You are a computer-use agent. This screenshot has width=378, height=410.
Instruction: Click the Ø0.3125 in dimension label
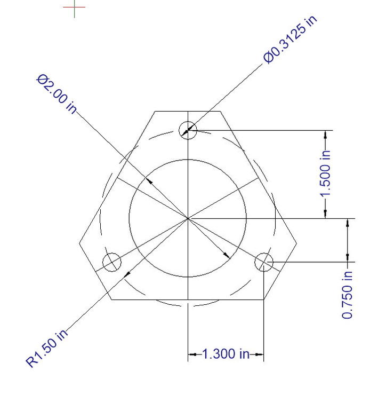pyautogui.click(x=290, y=39)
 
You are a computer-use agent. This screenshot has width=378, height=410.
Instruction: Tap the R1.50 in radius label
pyautogui.click(x=47, y=349)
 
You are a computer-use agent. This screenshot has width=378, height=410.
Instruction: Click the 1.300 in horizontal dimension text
pyautogui.click(x=226, y=353)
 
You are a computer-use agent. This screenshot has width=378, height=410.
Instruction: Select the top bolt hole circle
pyautogui.click(x=188, y=130)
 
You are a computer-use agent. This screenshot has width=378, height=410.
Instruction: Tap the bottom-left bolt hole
pyautogui.click(x=111, y=262)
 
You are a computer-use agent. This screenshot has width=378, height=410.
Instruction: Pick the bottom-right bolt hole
pyautogui.click(x=264, y=262)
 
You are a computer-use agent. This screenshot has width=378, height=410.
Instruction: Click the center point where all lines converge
pyautogui.click(x=188, y=218)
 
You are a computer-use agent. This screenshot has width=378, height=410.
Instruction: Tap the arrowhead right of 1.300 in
pyautogui.click(x=259, y=353)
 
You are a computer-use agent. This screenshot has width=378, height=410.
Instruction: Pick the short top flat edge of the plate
pyautogui.click(x=188, y=111)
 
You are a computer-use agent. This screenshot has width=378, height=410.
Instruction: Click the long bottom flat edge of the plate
pyautogui.click(x=188, y=299)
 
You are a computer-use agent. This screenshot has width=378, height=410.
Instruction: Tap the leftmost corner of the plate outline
pyautogui.click(x=79, y=244)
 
